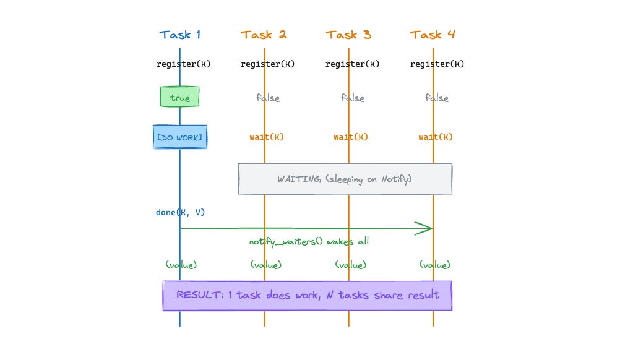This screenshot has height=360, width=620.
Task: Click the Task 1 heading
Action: point(179,35)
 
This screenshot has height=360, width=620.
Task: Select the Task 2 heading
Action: point(264,35)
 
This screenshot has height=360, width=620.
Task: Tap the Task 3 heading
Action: point(348,35)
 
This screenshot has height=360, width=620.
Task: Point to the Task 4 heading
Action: point(433,35)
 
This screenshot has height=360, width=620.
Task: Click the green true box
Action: point(179,98)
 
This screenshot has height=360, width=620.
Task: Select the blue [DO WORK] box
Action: point(179,137)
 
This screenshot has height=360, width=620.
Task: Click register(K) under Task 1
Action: point(183,64)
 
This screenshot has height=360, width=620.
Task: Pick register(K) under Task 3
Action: point(352,64)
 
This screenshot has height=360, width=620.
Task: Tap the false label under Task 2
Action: point(268,98)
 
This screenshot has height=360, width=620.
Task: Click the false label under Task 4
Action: point(437,98)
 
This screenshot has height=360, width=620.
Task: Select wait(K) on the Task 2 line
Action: point(267,137)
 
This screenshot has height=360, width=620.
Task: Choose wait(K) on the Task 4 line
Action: point(436,137)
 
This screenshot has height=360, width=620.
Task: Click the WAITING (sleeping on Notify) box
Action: point(345,179)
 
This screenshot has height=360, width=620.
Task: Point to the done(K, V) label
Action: point(180,212)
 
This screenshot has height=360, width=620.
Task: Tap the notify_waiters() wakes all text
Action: point(309,241)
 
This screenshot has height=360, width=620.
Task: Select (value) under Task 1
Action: point(181,264)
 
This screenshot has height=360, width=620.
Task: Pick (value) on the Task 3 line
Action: point(350,264)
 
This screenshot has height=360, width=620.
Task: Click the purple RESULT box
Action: point(307,295)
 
